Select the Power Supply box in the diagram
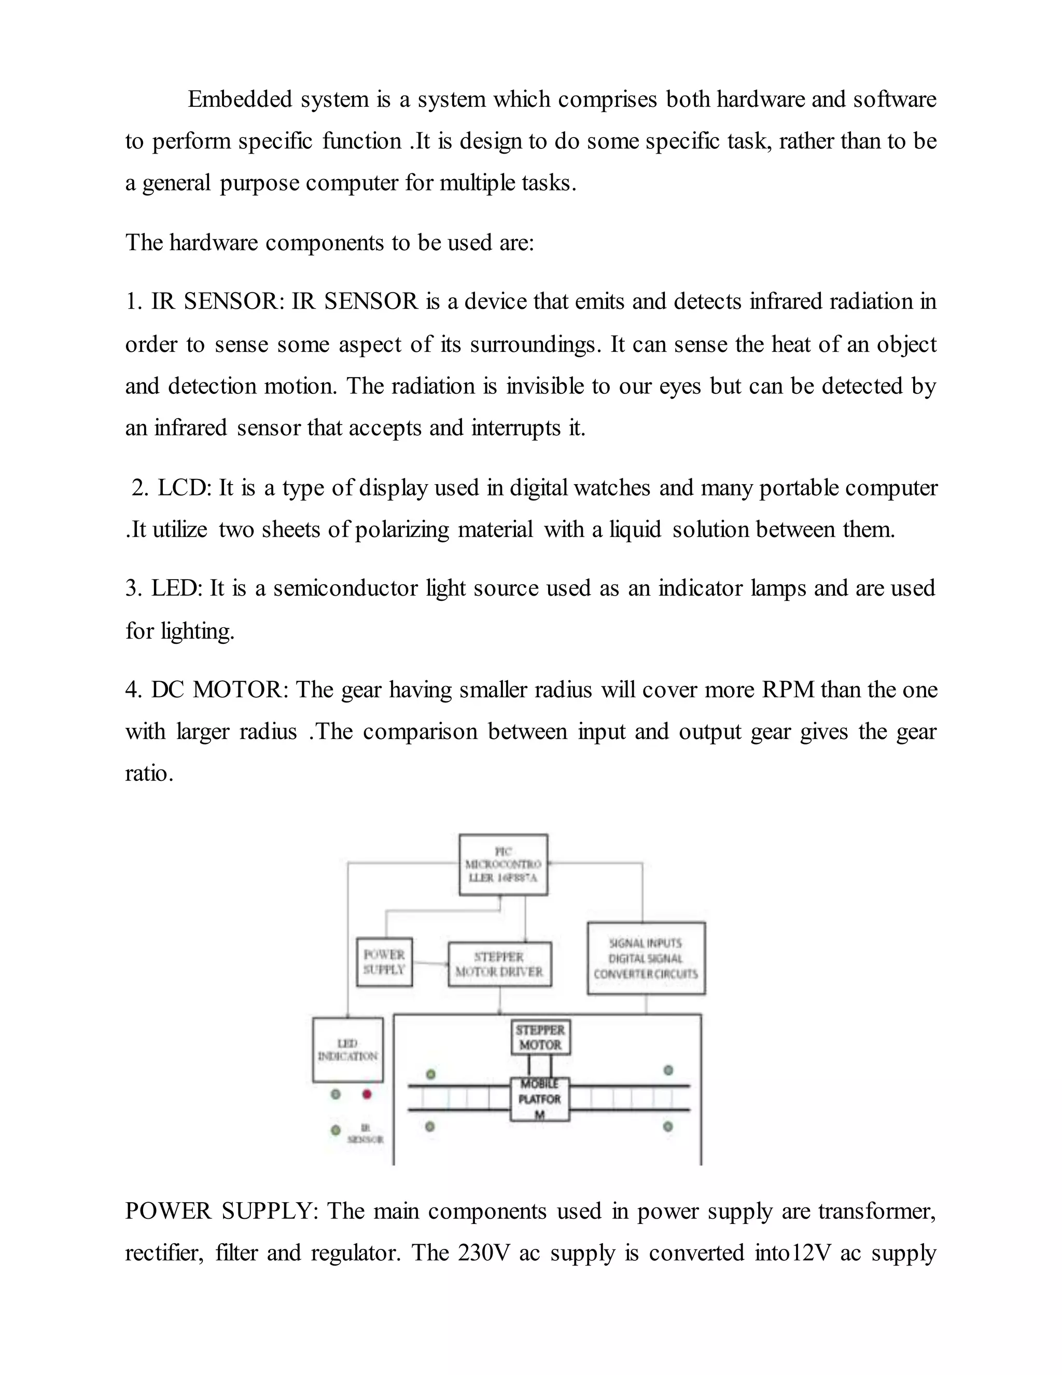[384, 962]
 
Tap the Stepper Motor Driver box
[499, 964]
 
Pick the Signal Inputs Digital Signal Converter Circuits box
[646, 958]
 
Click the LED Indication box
[347, 1050]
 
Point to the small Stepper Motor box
[540, 1037]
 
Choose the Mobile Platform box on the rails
[539, 1099]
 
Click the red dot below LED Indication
[367, 1094]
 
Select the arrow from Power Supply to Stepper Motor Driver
[430, 963]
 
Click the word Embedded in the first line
[240, 100]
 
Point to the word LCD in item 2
[184, 488]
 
